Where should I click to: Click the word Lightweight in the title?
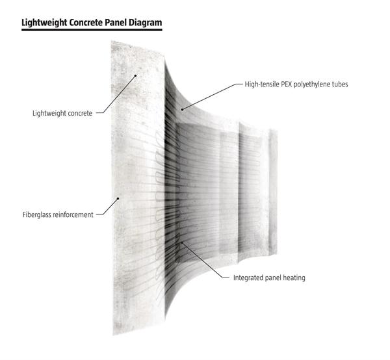pos(46,23)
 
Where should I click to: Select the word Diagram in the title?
pos(144,23)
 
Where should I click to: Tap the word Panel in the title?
pos(114,23)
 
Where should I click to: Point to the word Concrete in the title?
pos(87,23)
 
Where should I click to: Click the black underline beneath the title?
pos(91,30)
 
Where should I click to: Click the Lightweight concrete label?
pos(62,112)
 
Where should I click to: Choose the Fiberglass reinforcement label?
pos(57,214)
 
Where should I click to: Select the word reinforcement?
pos(72,214)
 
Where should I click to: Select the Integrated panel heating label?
pos(269,277)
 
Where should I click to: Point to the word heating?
pos(293,277)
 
